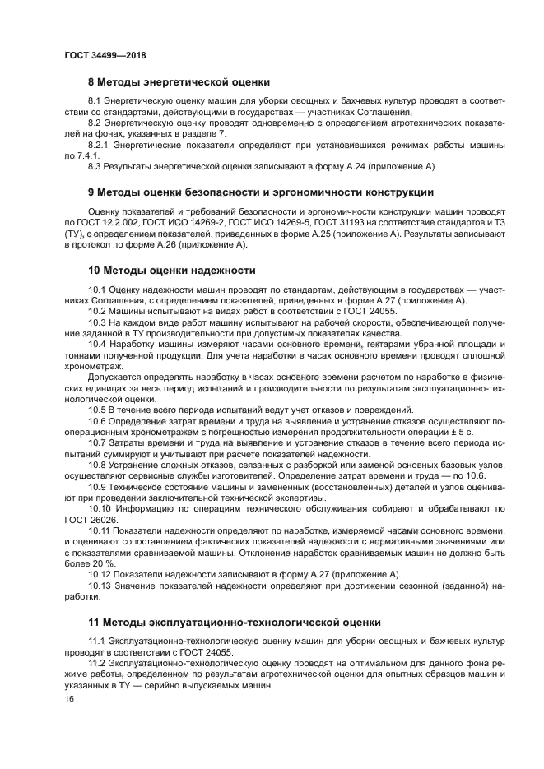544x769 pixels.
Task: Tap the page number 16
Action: coord(69,699)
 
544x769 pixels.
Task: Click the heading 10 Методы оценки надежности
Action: coord(171,270)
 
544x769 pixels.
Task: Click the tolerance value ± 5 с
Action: coord(463,432)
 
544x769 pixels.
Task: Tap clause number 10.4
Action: coord(98,344)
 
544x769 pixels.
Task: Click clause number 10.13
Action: coord(101,585)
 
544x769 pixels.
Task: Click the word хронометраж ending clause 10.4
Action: coord(93,366)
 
